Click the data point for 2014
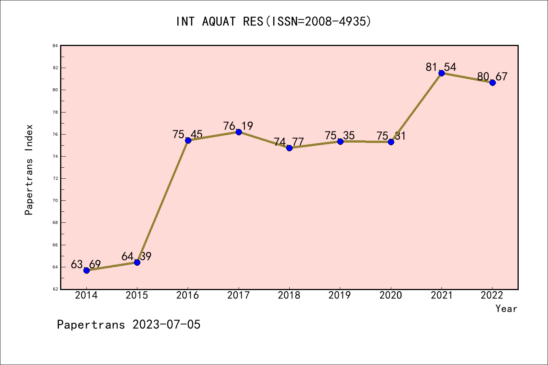86,270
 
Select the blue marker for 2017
239,132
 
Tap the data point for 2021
441,73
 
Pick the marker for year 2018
289,148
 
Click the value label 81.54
441,67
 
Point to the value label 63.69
86,264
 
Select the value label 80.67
492,77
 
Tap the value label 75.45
187,135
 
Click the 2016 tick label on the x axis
188,295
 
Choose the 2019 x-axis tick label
340,295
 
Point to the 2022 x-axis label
492,295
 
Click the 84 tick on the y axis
55,46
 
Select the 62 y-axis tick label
55,289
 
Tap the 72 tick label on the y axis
55,178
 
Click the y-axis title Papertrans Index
29,170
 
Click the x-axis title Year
506,309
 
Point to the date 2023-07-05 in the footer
166,325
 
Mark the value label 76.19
238,126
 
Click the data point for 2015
137,262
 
